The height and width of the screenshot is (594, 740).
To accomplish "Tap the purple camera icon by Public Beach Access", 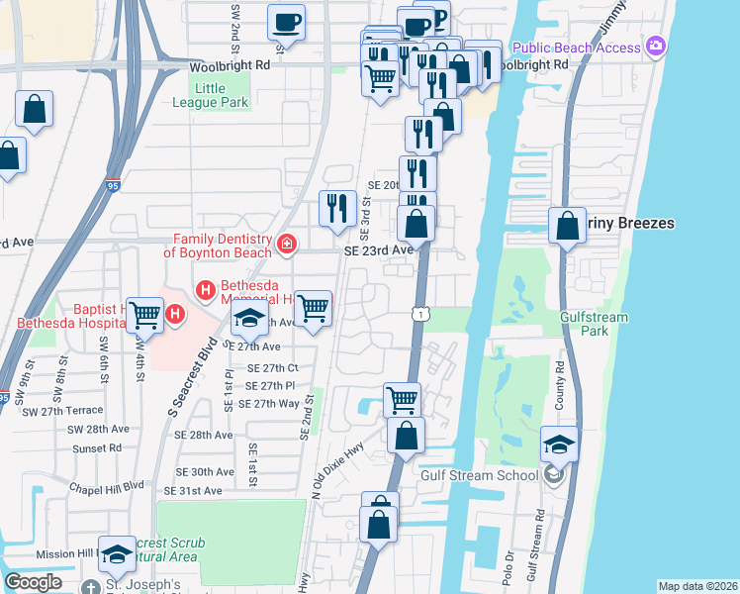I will click(656, 47).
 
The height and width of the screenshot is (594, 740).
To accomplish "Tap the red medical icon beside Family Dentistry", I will click(287, 244).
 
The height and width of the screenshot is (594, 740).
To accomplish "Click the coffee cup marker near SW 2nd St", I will click(286, 21).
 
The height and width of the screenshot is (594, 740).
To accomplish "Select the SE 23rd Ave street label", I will click(377, 250).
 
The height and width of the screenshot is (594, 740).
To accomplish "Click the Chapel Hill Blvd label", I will click(107, 487).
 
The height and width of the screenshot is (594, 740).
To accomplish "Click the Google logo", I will click(33, 582).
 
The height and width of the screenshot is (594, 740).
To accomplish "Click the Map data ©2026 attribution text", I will click(696, 586).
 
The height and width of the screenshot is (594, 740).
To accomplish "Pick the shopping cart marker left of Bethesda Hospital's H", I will click(145, 315).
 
